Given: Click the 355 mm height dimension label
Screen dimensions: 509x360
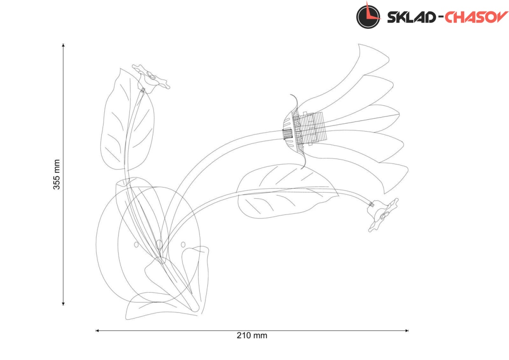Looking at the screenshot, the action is click(56, 174).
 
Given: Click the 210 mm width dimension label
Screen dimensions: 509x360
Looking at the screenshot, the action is click(252, 335).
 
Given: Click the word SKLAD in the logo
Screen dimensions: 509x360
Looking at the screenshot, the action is click(411, 17).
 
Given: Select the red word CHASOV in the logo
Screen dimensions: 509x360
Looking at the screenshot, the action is click(476, 17).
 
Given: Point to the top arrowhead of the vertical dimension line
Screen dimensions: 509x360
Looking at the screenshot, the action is click(63, 45).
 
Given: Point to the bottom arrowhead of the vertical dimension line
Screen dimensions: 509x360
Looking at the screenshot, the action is click(63, 304).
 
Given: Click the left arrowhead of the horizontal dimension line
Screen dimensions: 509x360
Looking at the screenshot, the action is click(97, 330).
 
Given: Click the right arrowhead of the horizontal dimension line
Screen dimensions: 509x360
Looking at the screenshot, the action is click(407, 330).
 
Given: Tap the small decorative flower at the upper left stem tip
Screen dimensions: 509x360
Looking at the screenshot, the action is click(150, 79).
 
